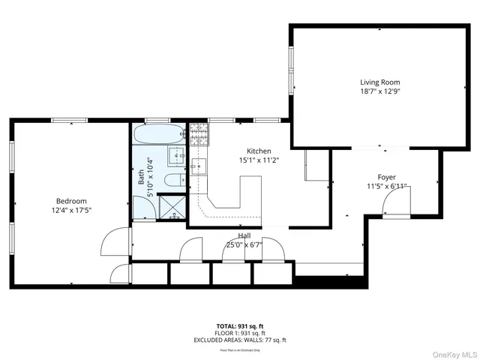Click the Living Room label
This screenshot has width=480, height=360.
click(379, 82)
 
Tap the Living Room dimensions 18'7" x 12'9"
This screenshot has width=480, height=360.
click(379, 92)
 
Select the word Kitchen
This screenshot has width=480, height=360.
click(259, 150)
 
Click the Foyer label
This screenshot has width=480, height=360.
click(386, 177)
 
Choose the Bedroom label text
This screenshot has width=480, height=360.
click(72, 200)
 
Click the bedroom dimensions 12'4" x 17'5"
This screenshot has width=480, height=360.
click(72, 210)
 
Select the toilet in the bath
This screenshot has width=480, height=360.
click(172, 180)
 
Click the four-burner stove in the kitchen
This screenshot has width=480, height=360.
click(198, 134)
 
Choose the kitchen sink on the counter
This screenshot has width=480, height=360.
click(198, 165)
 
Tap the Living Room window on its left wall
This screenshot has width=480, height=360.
click(291, 67)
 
